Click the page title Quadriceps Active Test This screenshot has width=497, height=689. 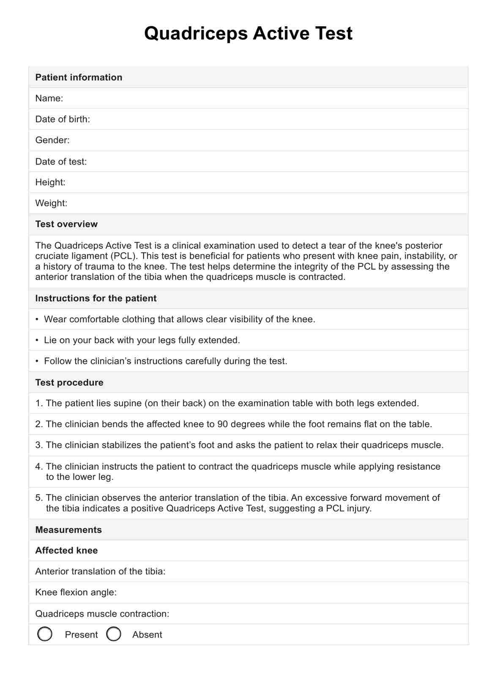click(x=248, y=33)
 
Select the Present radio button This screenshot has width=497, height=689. click(x=45, y=634)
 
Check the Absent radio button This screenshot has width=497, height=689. click(x=114, y=634)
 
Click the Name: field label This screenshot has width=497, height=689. click(x=49, y=98)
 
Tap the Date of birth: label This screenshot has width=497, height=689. click(x=63, y=119)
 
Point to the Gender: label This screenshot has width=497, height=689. click(x=52, y=140)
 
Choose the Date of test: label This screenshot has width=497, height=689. click(x=61, y=161)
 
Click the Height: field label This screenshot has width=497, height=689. click(x=50, y=182)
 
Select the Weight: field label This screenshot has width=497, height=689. click(x=51, y=203)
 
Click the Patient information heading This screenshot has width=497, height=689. click(x=79, y=77)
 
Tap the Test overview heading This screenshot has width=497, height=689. click(x=66, y=224)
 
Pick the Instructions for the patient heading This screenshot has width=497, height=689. click(x=96, y=298)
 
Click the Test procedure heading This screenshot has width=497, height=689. click(x=69, y=383)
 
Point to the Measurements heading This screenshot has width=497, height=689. click(x=68, y=530)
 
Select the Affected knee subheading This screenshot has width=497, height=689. click(x=66, y=550)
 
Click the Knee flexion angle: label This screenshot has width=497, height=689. click(x=76, y=592)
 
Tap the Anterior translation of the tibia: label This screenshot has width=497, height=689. click(x=100, y=571)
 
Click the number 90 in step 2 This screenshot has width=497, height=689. click(x=223, y=424)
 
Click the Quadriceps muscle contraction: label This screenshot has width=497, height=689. click(x=102, y=614)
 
